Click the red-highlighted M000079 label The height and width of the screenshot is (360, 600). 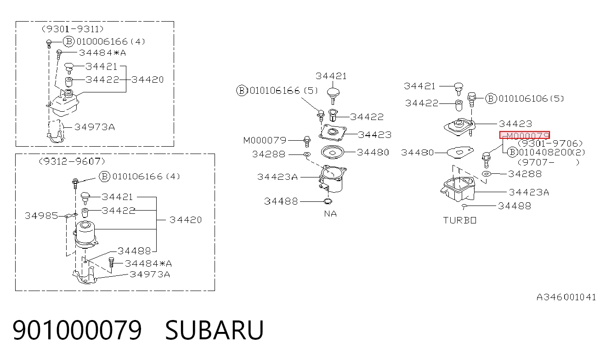pos(525,135)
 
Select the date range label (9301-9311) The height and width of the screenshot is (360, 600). pos(73,29)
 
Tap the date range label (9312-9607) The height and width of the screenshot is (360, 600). pos(72,161)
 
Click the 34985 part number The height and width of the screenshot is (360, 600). pos(41,216)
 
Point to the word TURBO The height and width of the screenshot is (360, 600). pos(459,220)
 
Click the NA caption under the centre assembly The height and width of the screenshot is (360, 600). pos(330,214)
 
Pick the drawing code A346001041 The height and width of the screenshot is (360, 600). pos(566,297)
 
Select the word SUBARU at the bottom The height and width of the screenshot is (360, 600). pos(215,330)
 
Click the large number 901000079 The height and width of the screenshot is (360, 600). pos(77,330)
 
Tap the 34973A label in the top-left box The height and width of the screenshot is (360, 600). pos(95,127)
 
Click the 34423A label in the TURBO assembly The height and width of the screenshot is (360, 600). pos(529,192)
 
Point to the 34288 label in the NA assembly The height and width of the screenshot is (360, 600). pos(269,154)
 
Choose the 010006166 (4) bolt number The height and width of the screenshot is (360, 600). pos(111,41)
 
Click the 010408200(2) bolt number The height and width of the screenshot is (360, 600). pos(552,152)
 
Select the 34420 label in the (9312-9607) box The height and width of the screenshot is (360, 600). pos(186,220)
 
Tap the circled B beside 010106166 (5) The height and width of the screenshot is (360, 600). pos(241,91)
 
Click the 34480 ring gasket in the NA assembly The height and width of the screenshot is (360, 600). pos(333,152)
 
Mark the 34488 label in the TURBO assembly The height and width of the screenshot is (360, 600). pos(514,206)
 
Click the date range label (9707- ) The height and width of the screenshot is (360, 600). pos(548,162)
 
